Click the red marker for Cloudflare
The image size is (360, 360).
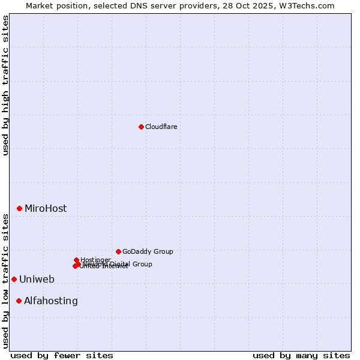click(141, 127)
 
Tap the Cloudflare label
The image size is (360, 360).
click(161, 127)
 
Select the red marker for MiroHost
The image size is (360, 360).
click(19, 208)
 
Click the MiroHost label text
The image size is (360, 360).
click(46, 209)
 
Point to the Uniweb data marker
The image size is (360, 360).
click(14, 279)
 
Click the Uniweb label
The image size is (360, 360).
click(37, 280)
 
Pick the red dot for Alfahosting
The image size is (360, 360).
click(19, 301)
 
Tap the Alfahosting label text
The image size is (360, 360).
click(51, 301)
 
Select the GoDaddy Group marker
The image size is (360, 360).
click(118, 251)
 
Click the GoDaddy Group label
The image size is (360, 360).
click(148, 252)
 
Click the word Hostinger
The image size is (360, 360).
click(96, 260)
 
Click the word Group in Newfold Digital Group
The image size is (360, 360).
click(142, 264)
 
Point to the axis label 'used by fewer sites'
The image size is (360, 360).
click(62, 355)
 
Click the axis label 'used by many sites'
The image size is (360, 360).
click(301, 355)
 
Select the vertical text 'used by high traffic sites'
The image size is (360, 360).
click(6, 85)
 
